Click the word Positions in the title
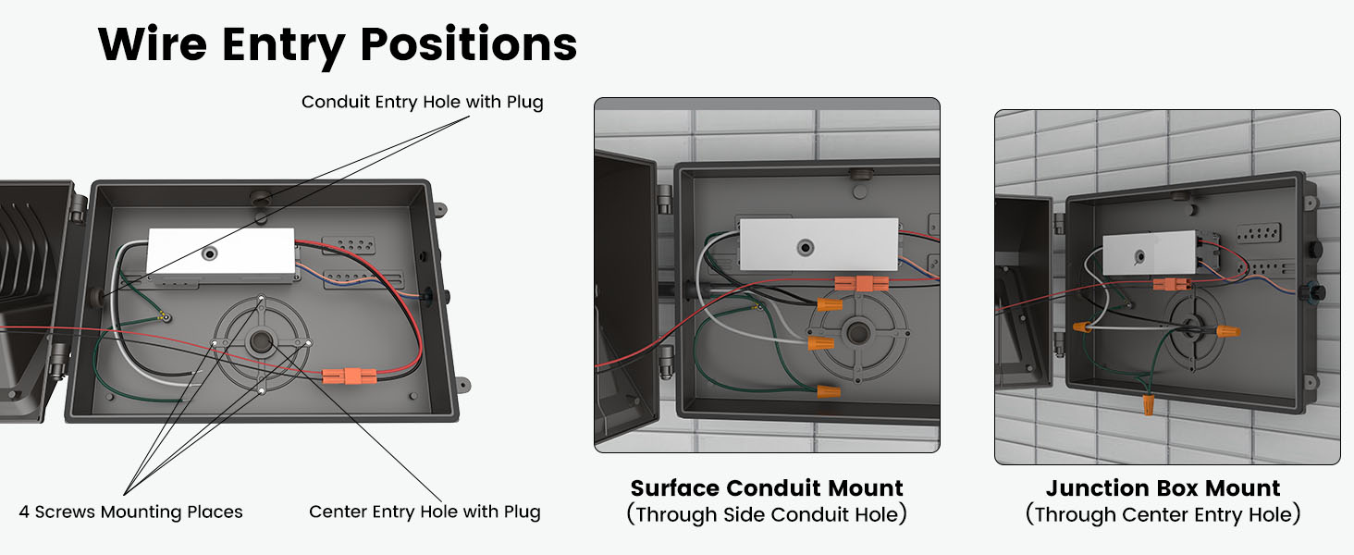[469, 43]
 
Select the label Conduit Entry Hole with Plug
[422, 102]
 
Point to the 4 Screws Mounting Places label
[130, 512]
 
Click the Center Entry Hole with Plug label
[425, 512]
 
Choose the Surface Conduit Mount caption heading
[766, 487]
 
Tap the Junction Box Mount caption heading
[1163, 487]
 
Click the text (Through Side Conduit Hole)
[766, 514]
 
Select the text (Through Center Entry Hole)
[1163, 514]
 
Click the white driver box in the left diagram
[220, 253]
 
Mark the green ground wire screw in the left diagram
[165, 316]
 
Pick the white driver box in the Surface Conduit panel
[819, 244]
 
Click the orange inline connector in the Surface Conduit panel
[861, 283]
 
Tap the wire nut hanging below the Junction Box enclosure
[1148, 404]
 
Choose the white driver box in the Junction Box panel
[1142, 253]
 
